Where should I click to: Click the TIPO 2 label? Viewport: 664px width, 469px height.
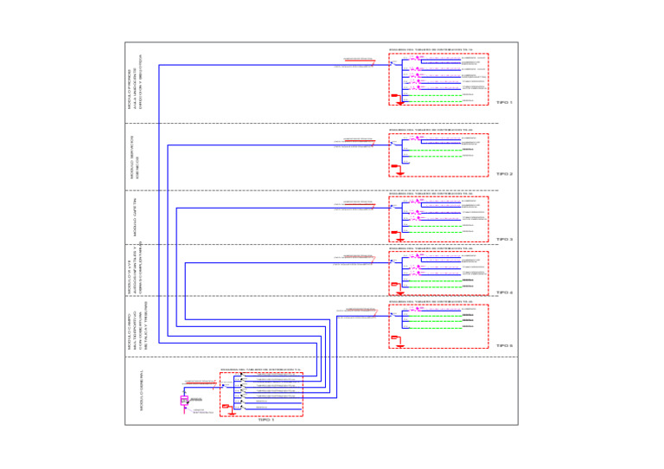pos(505,174)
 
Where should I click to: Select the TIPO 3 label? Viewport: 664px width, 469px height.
pos(505,240)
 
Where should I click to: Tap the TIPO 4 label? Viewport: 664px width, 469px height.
pos(505,292)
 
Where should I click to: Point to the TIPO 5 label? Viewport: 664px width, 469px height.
pos(505,345)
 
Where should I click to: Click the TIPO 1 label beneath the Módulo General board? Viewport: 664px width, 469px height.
pos(265,420)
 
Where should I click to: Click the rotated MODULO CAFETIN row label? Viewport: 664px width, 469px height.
pos(136,220)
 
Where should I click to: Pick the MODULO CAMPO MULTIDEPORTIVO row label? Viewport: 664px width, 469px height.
pos(136,326)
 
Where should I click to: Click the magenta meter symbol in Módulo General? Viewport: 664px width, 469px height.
pos(184,401)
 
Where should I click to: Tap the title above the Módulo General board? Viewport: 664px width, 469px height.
pos(259,369)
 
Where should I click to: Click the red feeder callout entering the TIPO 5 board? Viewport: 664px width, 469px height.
pos(360,309)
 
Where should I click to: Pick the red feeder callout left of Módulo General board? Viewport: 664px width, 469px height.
pos(200,381)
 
